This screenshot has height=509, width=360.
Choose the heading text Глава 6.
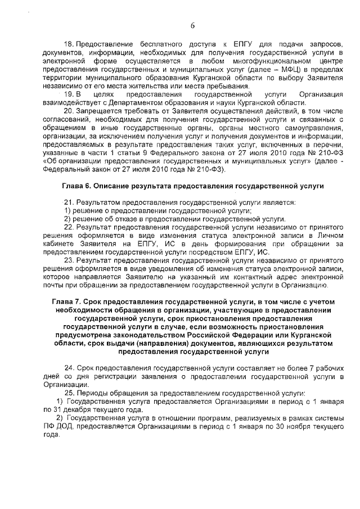(76, 185)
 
